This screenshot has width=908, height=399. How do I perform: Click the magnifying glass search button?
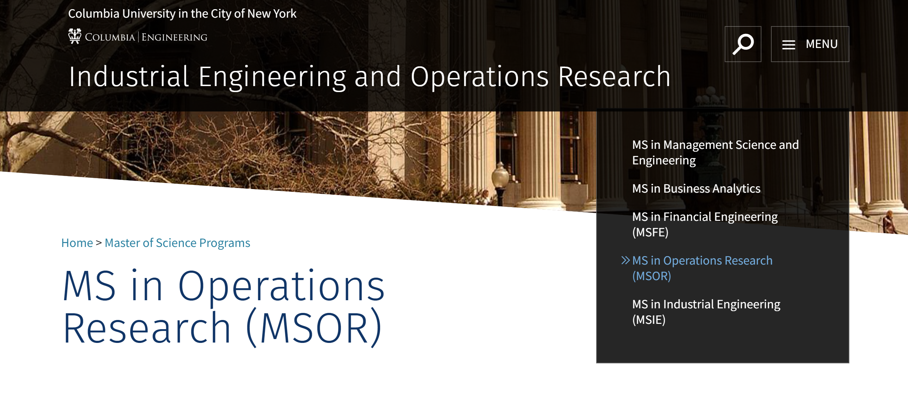click(x=743, y=44)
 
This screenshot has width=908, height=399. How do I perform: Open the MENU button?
click(x=810, y=44)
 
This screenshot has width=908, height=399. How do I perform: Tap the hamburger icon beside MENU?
click(x=788, y=45)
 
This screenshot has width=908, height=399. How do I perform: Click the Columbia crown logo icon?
click(x=75, y=36)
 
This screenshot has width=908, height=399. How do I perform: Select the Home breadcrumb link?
click(x=77, y=243)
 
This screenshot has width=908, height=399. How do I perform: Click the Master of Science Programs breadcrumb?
click(x=177, y=243)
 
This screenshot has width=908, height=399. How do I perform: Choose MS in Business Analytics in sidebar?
click(x=696, y=188)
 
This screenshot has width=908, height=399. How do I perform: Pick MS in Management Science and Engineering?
click(x=715, y=152)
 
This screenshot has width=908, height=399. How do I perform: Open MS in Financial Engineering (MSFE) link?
click(x=705, y=224)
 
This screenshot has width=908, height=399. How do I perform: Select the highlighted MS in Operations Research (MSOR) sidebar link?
click(x=702, y=268)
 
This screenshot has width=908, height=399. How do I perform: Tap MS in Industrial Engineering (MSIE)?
click(x=706, y=312)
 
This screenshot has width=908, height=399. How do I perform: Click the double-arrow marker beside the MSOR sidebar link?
click(x=625, y=260)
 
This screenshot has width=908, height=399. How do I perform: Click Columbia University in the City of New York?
click(x=182, y=13)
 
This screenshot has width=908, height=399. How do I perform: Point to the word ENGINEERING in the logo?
click(x=174, y=37)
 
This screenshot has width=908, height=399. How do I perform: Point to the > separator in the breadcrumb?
click(x=99, y=243)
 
